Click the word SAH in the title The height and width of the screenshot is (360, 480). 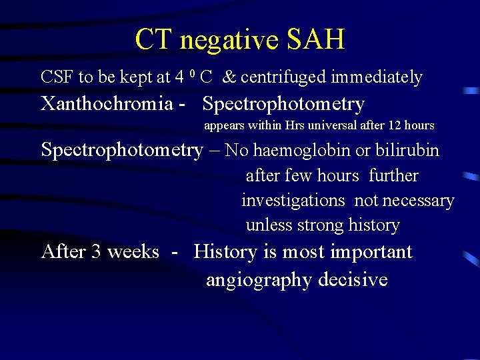tap(316, 40)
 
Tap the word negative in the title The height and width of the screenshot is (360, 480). tap(229, 41)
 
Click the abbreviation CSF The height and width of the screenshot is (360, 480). tap(57, 77)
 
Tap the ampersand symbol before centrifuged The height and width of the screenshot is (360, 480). tap(229, 77)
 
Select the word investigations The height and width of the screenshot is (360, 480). tap(293, 201)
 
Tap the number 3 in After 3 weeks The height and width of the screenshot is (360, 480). tap(96, 252)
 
